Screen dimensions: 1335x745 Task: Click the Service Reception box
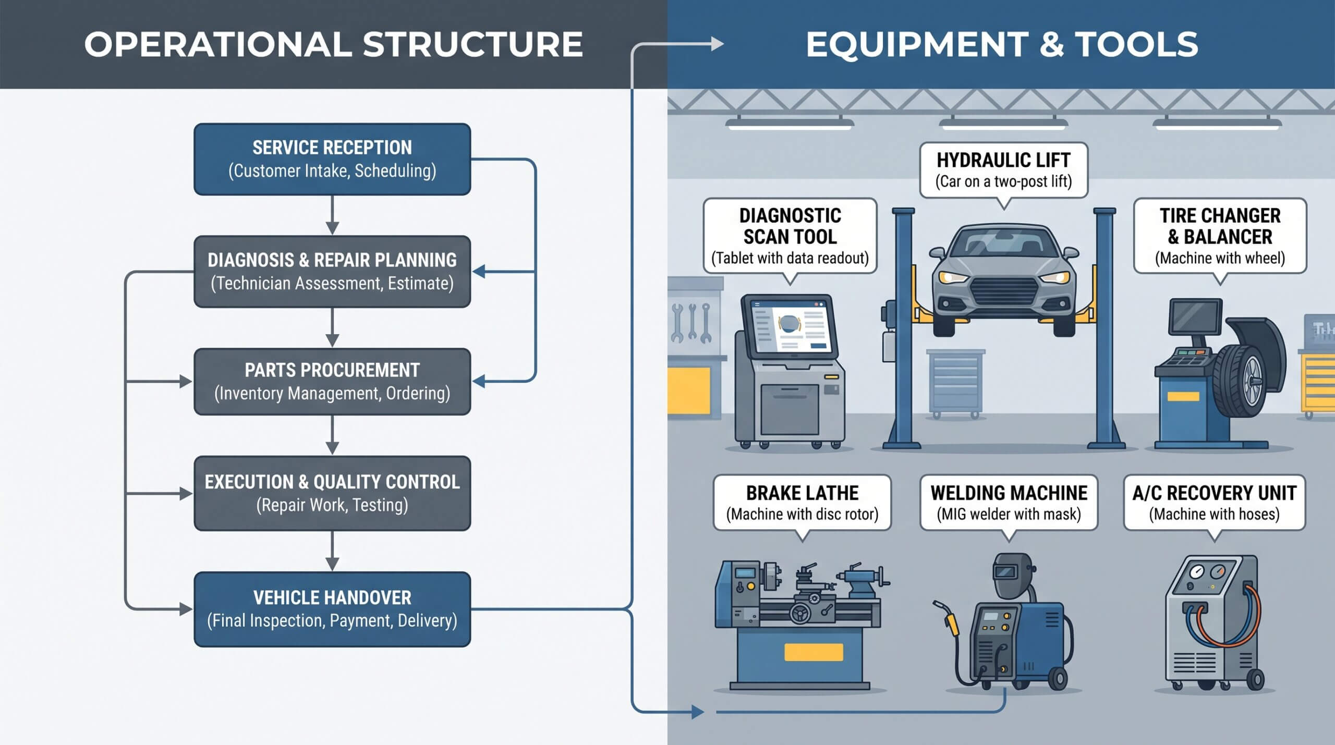[x=332, y=159]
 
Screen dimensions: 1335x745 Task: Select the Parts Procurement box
[x=332, y=382]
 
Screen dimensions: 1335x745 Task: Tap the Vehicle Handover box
[x=332, y=609]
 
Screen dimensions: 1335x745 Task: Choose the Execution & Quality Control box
[x=332, y=493]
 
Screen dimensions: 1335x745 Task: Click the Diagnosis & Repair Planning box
[x=332, y=272]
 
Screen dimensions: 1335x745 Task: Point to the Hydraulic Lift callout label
[x=1003, y=170]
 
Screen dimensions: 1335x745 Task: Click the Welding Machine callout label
[x=1009, y=503]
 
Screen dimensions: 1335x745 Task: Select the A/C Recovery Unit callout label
[x=1214, y=503]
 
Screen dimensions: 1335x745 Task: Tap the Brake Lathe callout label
[x=802, y=503]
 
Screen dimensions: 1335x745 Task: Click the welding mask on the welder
[x=1012, y=575]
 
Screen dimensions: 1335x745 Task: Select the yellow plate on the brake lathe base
[x=814, y=652]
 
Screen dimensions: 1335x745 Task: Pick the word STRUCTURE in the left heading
[x=472, y=44]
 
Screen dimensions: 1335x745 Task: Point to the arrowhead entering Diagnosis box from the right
[x=479, y=272]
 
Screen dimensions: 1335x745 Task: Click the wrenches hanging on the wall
[x=691, y=323]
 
